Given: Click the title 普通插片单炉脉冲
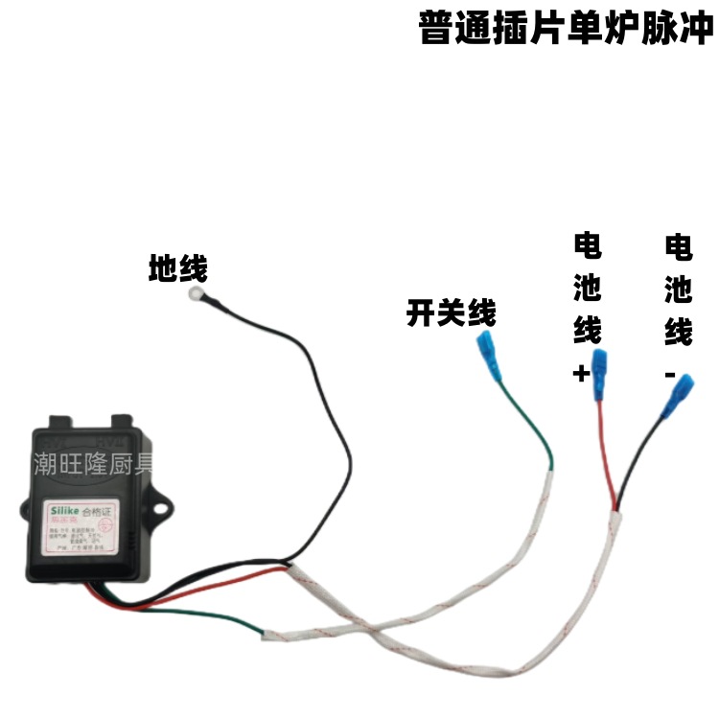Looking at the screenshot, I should click(x=567, y=29).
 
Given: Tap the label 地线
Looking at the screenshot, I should click(x=177, y=269).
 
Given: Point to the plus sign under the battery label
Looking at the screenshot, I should click(x=581, y=374).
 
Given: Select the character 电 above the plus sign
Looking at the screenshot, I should click(x=587, y=248).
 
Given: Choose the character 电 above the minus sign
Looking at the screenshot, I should click(x=678, y=248).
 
